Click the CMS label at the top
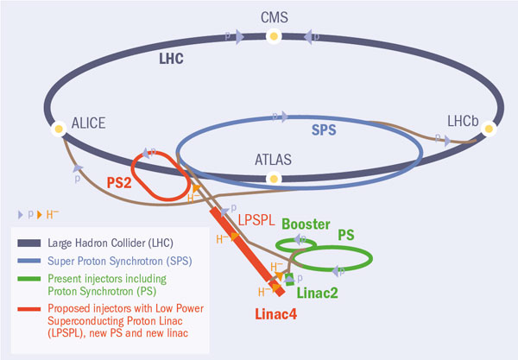(273, 16)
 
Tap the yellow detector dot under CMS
(274, 36)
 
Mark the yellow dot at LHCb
(490, 129)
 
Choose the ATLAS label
(274, 159)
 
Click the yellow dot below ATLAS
(274, 179)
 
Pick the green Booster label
(304, 224)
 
